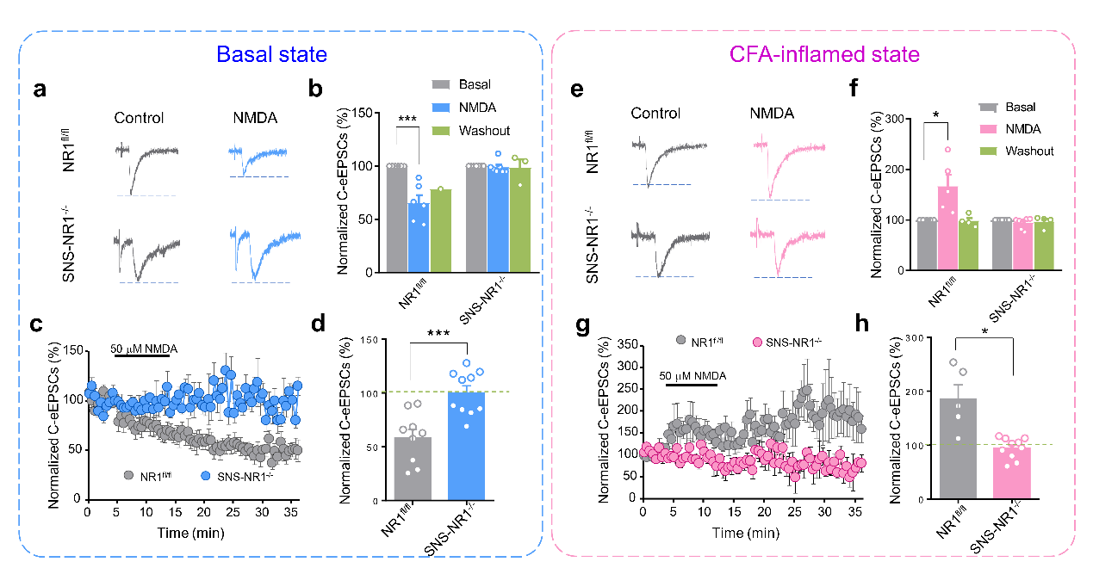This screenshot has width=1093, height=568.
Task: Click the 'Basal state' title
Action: point(271,54)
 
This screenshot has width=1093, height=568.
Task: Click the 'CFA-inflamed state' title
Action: point(825,54)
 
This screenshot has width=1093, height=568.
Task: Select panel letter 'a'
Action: point(40,92)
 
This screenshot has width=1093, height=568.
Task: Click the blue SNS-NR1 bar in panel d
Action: point(466,446)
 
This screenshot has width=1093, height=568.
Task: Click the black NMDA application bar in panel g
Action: point(692,386)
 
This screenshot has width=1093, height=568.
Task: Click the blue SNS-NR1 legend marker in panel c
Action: point(205,475)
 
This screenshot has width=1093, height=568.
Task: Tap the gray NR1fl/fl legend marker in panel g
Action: point(680,342)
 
